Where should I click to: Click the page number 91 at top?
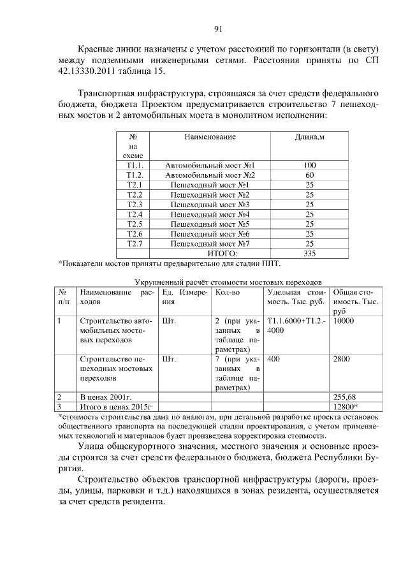tap(217, 29)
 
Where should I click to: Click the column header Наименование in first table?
tap(210, 137)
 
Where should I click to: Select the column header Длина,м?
tap(310, 137)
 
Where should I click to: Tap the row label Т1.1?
tap(135, 165)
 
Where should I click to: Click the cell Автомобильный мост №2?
tap(210, 175)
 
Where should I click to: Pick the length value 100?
tap(310, 165)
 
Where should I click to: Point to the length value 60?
tap(310, 175)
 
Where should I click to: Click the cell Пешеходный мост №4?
tap(210, 214)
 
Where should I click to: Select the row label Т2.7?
tap(135, 244)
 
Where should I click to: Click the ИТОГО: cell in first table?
tap(210, 254)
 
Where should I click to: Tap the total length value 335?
tap(310, 254)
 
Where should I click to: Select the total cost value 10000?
tap(344, 321)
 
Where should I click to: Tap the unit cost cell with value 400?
tap(274, 359)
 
